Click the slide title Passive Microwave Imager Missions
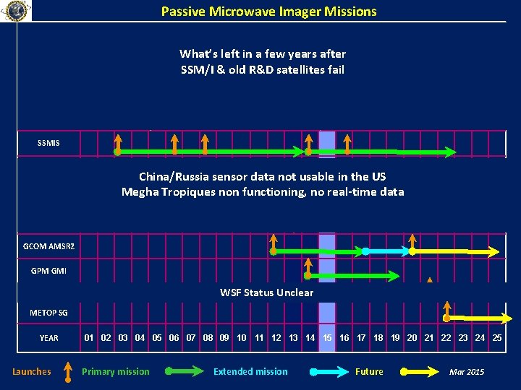(x=268, y=12)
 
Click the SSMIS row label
(x=48, y=143)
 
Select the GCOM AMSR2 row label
(x=48, y=246)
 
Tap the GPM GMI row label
(x=48, y=271)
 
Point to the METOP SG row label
(x=48, y=313)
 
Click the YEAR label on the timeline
(x=49, y=338)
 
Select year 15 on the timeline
(x=327, y=337)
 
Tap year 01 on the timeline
(x=89, y=337)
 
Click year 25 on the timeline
(x=497, y=337)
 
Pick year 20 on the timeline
(x=412, y=337)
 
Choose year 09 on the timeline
(x=224, y=337)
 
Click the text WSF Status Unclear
(x=266, y=292)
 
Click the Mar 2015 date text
(x=467, y=372)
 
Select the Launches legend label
(x=32, y=372)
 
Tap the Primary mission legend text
(x=116, y=372)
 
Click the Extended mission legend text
(x=250, y=372)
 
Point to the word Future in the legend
(x=369, y=372)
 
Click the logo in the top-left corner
(x=16, y=11)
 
